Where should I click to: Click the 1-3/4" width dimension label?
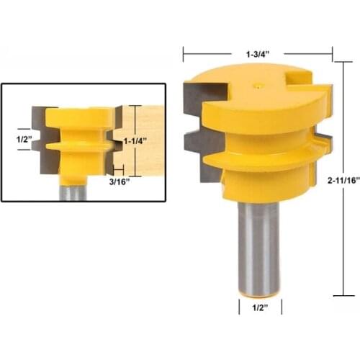257,53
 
